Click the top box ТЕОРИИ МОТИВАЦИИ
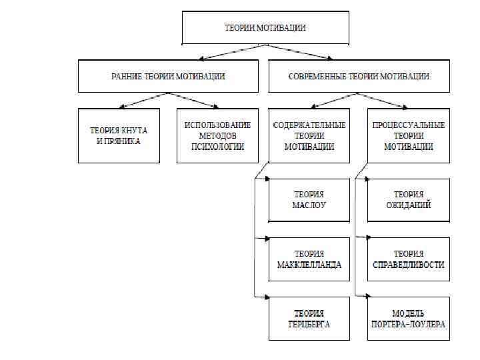coord(265,28)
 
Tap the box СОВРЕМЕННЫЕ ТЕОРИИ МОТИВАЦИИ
coord(358,77)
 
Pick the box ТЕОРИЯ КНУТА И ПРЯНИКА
coord(119,136)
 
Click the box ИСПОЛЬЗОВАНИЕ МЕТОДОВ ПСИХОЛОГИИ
coord(217,136)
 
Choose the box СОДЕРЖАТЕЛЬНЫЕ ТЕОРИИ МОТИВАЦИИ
coord(309,136)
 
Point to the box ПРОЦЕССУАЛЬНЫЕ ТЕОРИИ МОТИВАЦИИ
coord(408,136)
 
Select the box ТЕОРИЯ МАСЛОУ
coord(309,200)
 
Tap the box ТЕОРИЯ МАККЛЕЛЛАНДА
coord(309,259)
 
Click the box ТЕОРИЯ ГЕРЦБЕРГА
coord(309,319)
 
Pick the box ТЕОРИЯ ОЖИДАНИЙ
coord(408,200)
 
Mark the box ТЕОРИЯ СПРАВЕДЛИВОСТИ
coord(408,259)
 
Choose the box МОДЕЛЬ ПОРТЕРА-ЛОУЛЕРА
coord(408,319)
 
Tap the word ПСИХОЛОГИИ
coord(217,147)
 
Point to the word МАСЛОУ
coord(309,205)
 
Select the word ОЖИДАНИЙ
coord(408,205)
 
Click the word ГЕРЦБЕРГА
coord(309,325)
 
